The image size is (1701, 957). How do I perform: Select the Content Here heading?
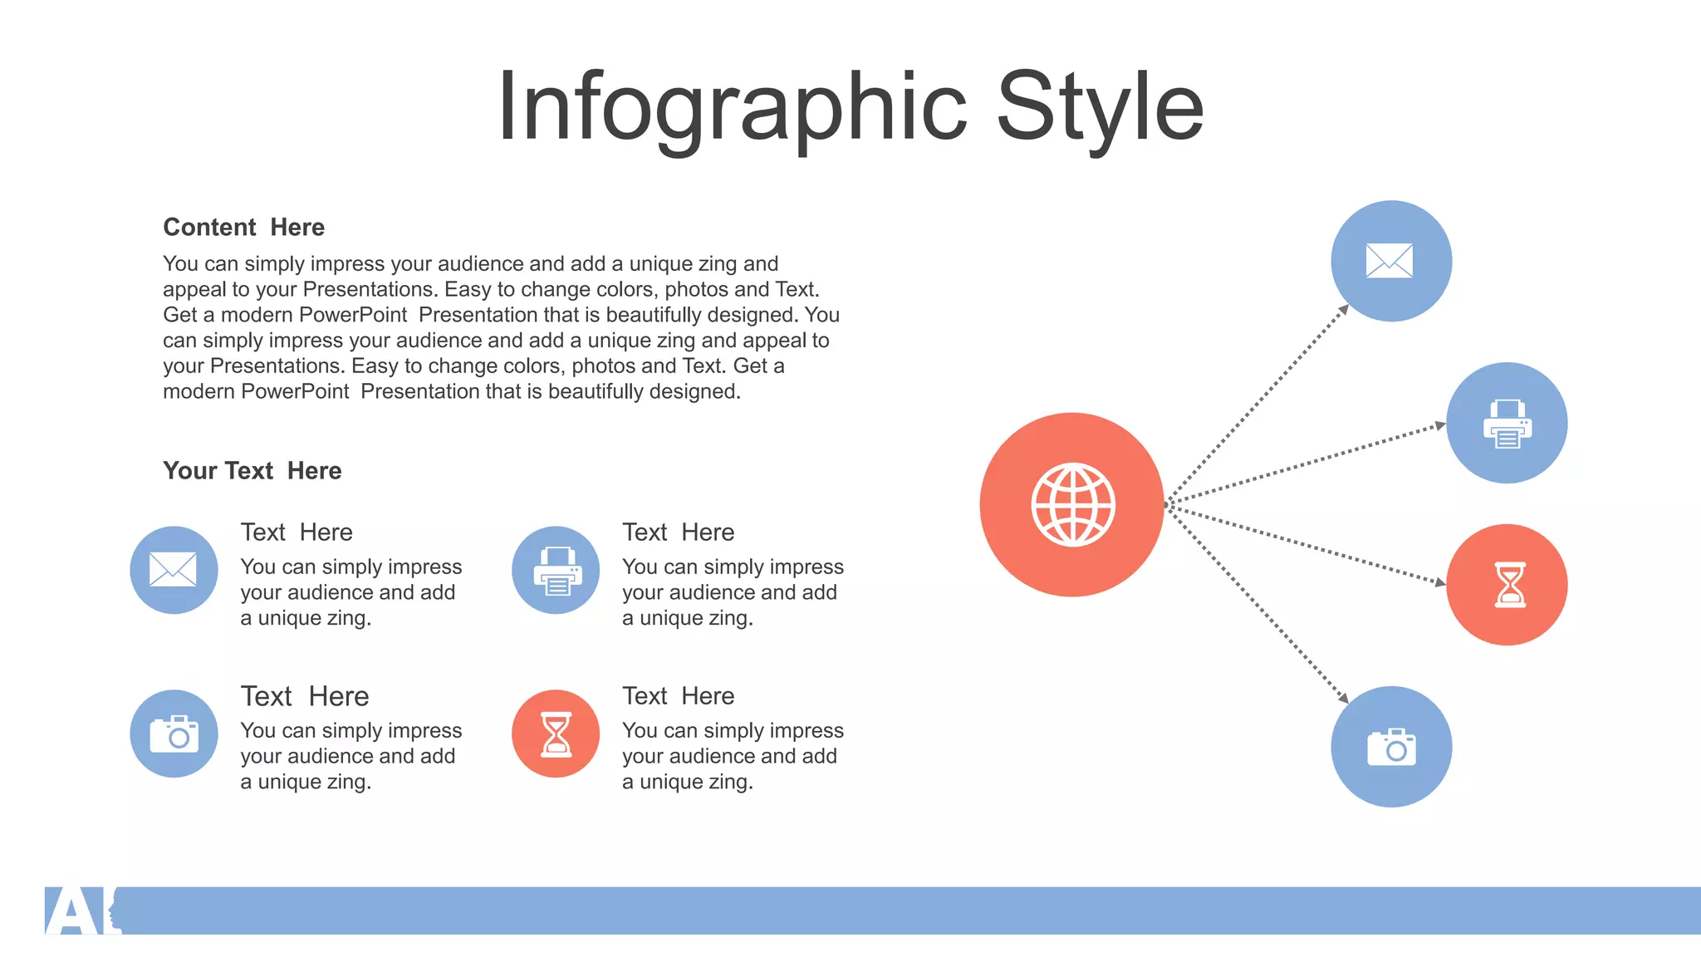coord(243,227)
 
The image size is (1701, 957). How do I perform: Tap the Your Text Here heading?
coord(252,470)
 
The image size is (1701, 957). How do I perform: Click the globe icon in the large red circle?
coord(1072,504)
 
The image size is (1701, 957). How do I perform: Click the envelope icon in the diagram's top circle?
coord(1390,261)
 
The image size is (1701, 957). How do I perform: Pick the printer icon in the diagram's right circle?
coord(1507,424)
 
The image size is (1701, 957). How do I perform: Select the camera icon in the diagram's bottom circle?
coord(1391,748)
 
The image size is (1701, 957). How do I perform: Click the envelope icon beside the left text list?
coord(173,570)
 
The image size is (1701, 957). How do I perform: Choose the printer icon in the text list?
coord(556,571)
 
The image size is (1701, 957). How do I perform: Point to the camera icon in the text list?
coord(174,734)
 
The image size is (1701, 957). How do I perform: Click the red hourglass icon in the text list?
coord(556,734)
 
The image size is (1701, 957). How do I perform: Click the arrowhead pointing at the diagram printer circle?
coord(1440,426)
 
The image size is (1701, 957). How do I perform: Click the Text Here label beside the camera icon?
coord(304,696)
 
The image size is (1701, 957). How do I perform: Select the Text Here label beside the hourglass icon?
coord(678,696)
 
